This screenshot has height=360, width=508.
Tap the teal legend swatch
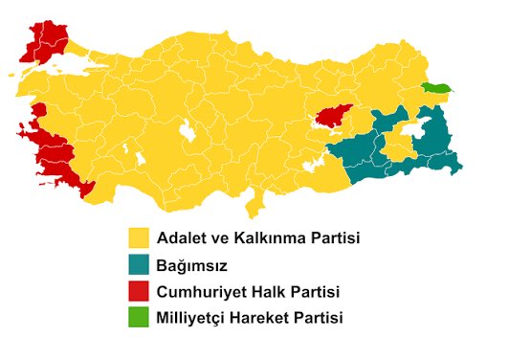pos(141,264)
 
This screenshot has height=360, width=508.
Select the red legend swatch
pos(141,291)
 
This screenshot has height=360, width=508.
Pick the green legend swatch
pos(141,317)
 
